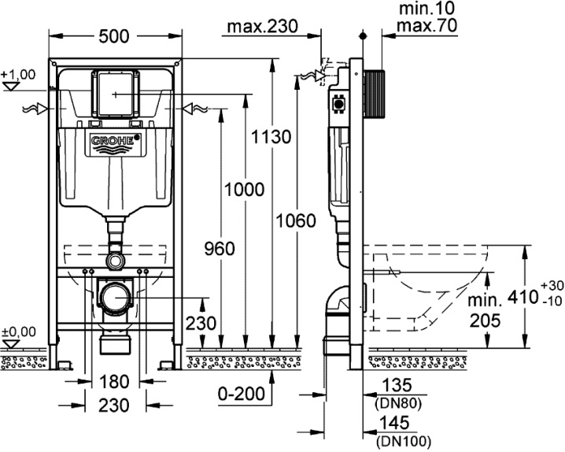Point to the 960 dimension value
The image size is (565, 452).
[x=218, y=249]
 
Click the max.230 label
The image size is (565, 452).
[x=263, y=28]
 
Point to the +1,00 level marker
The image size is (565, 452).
[x=17, y=75]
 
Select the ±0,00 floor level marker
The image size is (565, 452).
[x=17, y=332]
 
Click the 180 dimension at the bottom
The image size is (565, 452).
[x=115, y=382]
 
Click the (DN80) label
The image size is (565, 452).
[x=397, y=402]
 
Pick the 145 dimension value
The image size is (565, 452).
[x=397, y=425]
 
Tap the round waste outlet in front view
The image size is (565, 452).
[x=115, y=297]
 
